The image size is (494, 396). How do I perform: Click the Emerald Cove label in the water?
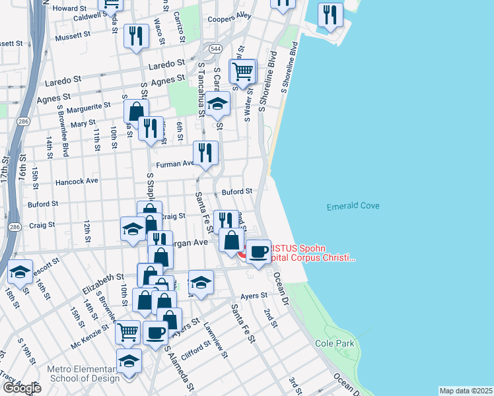point(353,207)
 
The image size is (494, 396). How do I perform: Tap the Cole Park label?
point(334,343)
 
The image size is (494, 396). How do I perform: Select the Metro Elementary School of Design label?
point(83,374)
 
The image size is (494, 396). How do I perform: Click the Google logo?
point(21,388)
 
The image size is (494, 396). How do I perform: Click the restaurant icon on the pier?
point(330,16)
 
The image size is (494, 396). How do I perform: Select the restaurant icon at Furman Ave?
point(205,154)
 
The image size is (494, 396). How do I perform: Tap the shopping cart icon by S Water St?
point(243,72)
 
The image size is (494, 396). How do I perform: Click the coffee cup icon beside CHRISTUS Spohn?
point(259,251)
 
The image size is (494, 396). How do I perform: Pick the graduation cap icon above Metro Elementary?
point(129,361)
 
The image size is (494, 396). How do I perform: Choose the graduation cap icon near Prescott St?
point(20,272)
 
